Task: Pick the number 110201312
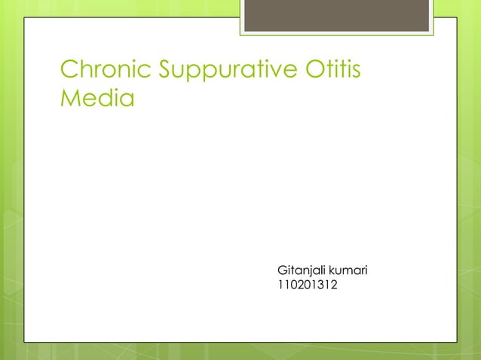click(308, 285)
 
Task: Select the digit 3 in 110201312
click(322, 285)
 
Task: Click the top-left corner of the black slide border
click(25, 17)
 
